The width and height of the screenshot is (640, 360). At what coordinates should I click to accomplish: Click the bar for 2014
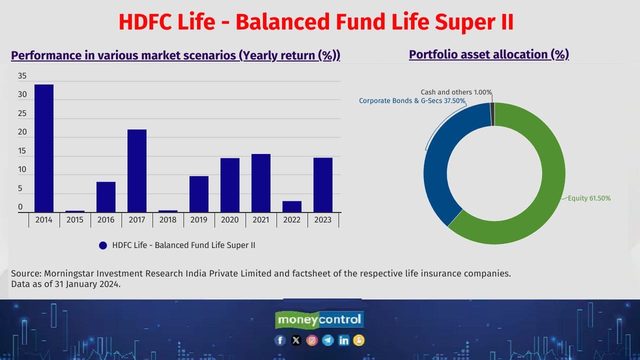click(44, 148)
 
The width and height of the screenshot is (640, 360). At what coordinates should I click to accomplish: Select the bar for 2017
click(137, 170)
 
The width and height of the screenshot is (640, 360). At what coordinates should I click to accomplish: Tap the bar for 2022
click(292, 206)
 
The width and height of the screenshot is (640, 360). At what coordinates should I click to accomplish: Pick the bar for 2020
click(230, 185)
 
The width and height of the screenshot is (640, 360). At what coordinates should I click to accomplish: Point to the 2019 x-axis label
click(199, 220)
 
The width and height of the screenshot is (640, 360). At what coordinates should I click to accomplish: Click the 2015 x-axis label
click(75, 220)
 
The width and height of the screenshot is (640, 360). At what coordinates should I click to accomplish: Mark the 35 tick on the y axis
click(22, 76)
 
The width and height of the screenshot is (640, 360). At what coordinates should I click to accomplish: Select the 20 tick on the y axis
click(22, 132)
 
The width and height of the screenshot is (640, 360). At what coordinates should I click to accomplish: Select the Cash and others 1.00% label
click(456, 92)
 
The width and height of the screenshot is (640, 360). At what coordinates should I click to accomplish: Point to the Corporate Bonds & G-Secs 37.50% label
click(412, 101)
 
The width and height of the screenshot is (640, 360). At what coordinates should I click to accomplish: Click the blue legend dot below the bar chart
click(103, 245)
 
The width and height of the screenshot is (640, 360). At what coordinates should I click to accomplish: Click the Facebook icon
click(280, 340)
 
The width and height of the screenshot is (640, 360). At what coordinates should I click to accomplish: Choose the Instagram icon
click(312, 340)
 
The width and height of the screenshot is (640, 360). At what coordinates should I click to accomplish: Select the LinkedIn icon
click(343, 340)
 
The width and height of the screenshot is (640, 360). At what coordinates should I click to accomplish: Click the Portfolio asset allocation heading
click(488, 54)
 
